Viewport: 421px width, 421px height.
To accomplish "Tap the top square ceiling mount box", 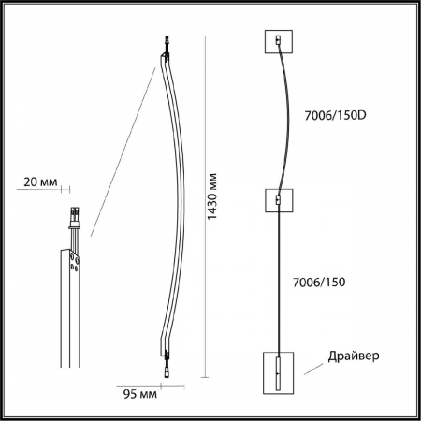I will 280,42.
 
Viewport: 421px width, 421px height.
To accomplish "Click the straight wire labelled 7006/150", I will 280,281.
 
